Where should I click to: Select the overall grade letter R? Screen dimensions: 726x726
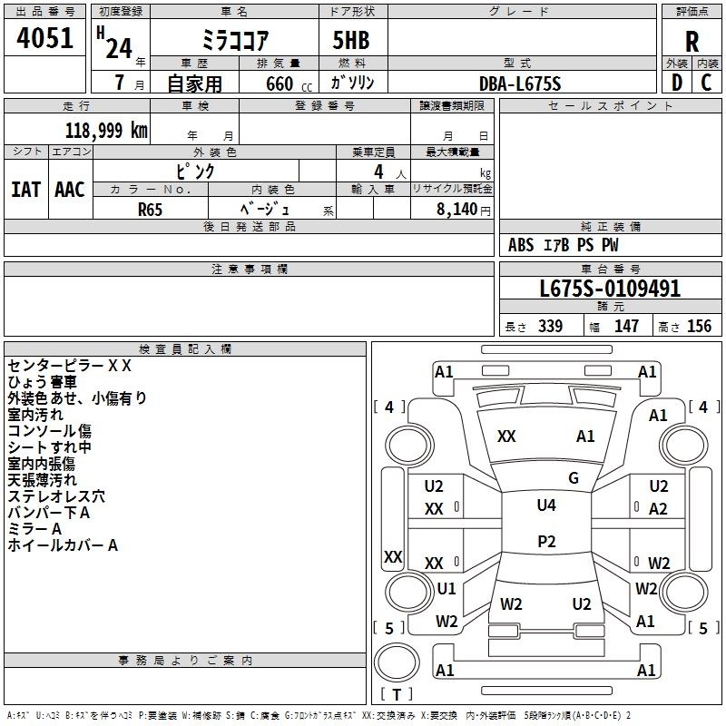pos(692,42)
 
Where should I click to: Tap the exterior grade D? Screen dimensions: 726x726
pos(676,83)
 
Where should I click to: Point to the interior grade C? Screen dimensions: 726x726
pos(707,83)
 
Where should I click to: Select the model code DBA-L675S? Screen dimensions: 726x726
pos(520,83)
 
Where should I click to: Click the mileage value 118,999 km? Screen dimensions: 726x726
pos(105,130)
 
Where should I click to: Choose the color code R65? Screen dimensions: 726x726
pos(151,209)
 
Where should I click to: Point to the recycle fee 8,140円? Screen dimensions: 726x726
pos(462,209)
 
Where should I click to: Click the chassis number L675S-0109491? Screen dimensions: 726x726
pos(610,289)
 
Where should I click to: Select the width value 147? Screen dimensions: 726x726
pos(626,327)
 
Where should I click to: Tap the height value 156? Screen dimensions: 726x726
pos(699,327)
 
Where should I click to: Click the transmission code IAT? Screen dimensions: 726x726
pos(25,189)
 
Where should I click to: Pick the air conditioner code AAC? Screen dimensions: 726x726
pos(69,189)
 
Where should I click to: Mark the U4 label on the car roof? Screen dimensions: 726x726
pos(546,505)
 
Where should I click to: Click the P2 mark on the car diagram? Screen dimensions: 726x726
pos(546,542)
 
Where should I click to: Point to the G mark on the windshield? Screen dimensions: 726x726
pos(574,478)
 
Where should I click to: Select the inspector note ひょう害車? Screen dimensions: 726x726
pos(44,382)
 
